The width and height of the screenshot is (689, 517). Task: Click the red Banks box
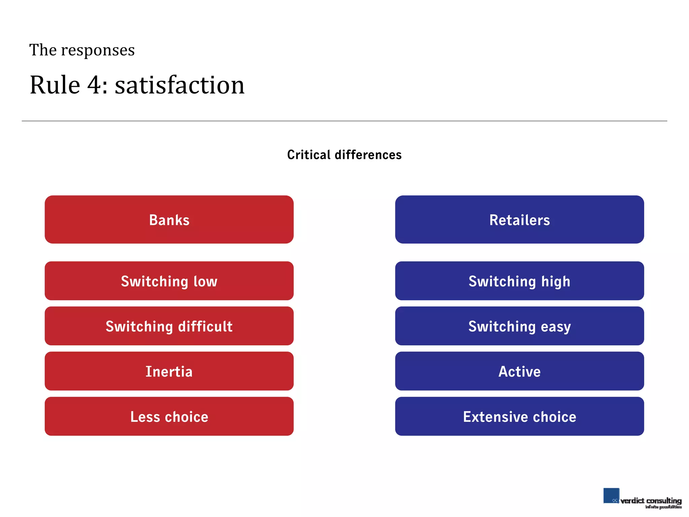[x=169, y=219]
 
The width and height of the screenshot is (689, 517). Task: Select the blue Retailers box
[x=519, y=219]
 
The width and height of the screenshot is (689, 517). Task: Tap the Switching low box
[x=169, y=281]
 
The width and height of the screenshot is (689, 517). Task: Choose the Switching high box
[x=519, y=281]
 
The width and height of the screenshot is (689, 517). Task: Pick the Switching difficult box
[x=169, y=326]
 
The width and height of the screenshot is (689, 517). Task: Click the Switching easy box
[x=519, y=326]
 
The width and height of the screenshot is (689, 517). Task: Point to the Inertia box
[x=169, y=371]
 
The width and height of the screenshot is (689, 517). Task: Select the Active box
[x=519, y=371]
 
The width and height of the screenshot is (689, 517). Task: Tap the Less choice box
[x=169, y=416]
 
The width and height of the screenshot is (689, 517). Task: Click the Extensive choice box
[x=519, y=416]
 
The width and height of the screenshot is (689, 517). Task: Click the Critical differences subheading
[x=344, y=155]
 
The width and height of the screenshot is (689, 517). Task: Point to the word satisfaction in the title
[x=180, y=85]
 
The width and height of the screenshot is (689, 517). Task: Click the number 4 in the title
[x=95, y=85]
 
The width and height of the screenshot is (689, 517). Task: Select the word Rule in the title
[x=55, y=85]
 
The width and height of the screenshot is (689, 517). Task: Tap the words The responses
[x=82, y=50]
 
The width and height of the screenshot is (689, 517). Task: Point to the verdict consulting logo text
[x=651, y=501]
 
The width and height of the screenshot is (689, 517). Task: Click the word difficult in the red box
[x=205, y=326]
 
